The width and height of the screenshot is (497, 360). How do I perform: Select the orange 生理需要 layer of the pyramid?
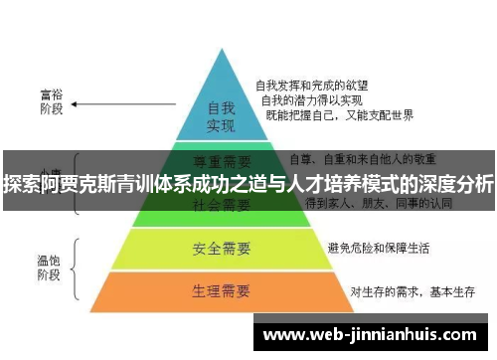[x=221, y=291]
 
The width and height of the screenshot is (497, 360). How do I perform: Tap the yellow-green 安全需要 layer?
[x=221, y=246]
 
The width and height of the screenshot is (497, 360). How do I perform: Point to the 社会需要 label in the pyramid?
[x=221, y=206]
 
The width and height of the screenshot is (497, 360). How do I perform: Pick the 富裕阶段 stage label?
[x=51, y=103]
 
